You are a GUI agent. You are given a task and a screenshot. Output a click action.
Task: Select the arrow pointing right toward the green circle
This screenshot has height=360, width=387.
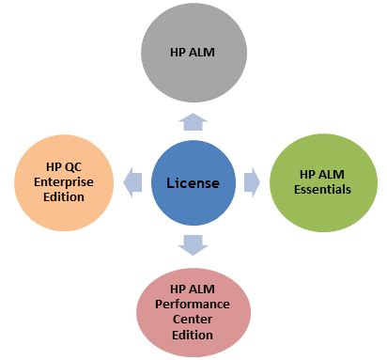pyautogui.click(x=252, y=181)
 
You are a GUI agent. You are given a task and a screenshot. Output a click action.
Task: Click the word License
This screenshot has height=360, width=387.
pyautogui.click(x=192, y=181)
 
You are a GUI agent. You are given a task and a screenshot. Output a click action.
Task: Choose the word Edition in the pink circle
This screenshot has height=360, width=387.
pyautogui.click(x=193, y=335)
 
